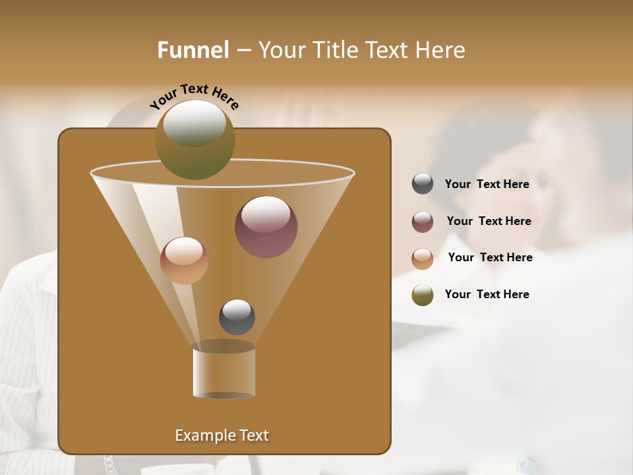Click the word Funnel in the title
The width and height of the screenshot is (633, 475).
click(x=193, y=50)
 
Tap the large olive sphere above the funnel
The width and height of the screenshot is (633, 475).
click(x=195, y=140)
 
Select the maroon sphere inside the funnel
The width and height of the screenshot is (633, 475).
click(x=266, y=227)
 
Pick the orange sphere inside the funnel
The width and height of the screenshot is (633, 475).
click(x=184, y=261)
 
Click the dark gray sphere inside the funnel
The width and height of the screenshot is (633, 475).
click(x=237, y=317)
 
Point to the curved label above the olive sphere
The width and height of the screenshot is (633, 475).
click(x=194, y=96)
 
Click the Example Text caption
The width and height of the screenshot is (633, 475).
click(x=222, y=435)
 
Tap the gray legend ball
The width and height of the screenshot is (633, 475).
click(x=423, y=184)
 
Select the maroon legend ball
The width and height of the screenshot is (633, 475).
click(x=423, y=222)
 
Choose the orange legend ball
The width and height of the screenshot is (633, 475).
click(x=423, y=258)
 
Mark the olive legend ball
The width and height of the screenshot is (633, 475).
click(x=423, y=295)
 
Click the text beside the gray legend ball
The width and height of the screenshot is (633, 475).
click(x=487, y=184)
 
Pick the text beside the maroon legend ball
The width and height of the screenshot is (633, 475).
click(x=489, y=221)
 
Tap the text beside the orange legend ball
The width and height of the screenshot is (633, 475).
click(x=490, y=257)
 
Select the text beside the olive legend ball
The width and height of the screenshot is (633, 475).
click(x=487, y=294)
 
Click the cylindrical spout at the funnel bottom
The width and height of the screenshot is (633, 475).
click(x=224, y=371)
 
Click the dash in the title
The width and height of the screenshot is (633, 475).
click(x=243, y=50)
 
